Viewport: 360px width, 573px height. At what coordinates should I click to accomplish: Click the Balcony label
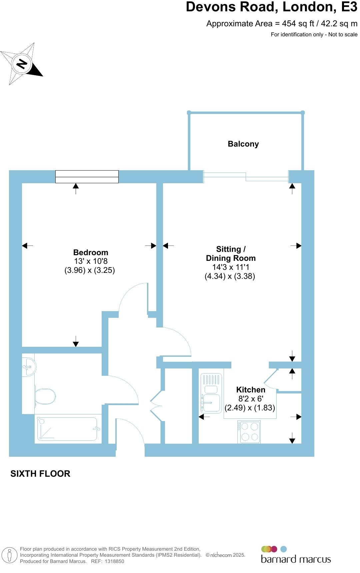click(x=243, y=144)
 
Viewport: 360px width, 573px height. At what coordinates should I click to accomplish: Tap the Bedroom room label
click(x=91, y=253)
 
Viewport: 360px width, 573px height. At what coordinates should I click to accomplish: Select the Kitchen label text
click(x=251, y=389)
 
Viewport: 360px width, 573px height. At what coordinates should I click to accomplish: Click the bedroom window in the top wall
click(x=87, y=177)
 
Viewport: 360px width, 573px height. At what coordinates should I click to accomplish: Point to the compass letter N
click(x=22, y=63)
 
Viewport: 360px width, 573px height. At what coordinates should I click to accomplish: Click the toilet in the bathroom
click(x=45, y=396)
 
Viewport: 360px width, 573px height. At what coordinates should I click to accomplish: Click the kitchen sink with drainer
click(x=211, y=393)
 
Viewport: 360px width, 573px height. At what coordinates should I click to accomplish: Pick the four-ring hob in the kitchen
click(x=249, y=432)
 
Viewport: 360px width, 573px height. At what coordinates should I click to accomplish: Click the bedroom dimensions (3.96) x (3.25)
click(x=90, y=270)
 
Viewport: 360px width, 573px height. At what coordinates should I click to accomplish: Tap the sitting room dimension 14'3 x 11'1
click(x=231, y=267)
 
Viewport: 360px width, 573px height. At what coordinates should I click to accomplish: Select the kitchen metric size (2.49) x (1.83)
click(x=250, y=407)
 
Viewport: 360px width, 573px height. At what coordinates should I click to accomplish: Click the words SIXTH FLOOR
click(x=40, y=474)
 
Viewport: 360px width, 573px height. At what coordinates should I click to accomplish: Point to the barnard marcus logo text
click(x=296, y=559)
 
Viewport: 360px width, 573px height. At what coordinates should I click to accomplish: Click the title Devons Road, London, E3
click(x=271, y=7)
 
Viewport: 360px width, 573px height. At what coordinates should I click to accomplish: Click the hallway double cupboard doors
click(x=156, y=406)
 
